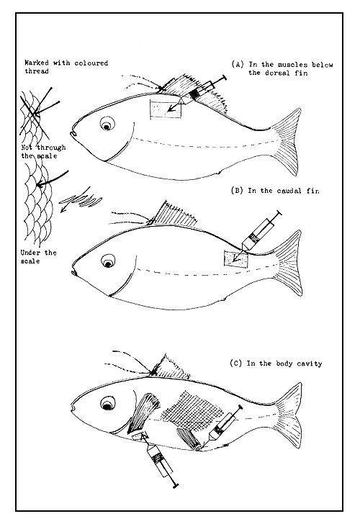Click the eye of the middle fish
coord(108,261)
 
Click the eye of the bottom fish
coord(107,404)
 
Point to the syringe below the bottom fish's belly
coord(159,460)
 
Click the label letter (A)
coord(238,64)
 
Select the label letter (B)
coord(237,191)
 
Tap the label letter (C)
coord(236,363)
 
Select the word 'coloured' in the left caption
coord(91,63)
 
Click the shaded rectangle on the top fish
coord(166,109)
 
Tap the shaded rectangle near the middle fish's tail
coord(235,260)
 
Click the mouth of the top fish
coord(73,134)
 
